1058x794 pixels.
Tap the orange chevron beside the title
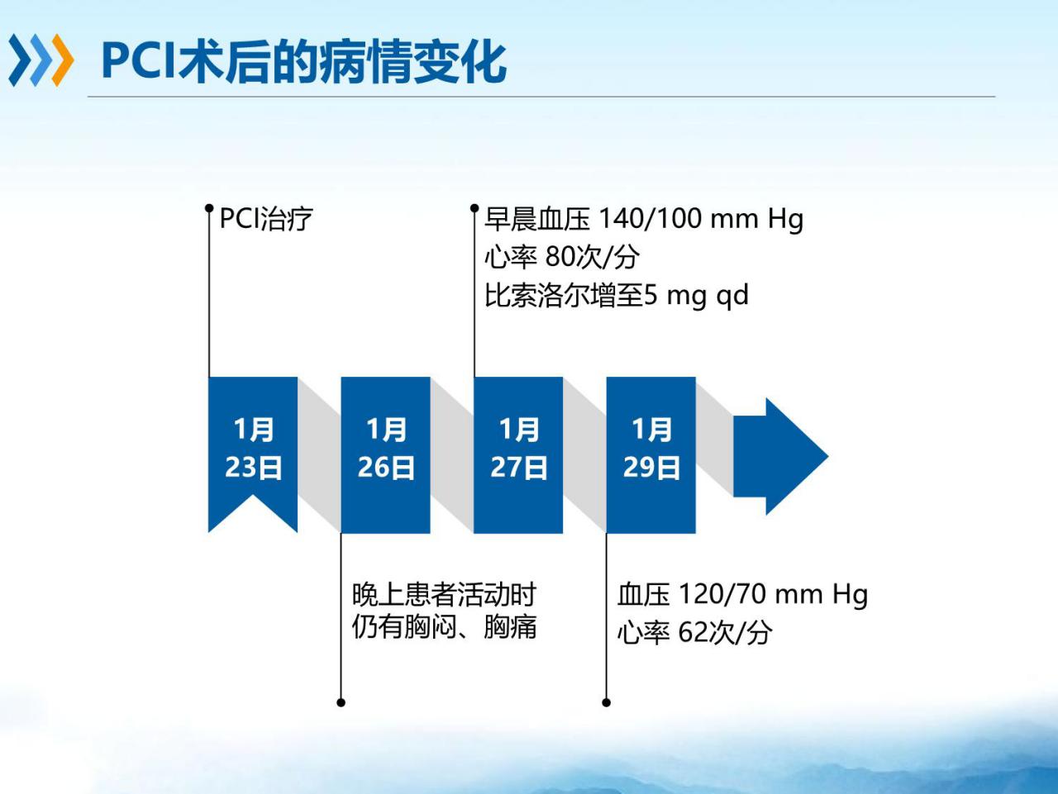click(63, 60)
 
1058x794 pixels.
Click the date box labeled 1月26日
click(386, 454)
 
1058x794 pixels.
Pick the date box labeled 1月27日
click(518, 454)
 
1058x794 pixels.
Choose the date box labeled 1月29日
click(651, 454)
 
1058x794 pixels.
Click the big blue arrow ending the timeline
click(781, 456)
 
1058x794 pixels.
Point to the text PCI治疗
click(266, 219)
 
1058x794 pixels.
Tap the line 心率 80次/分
click(562, 257)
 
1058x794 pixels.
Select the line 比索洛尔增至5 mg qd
click(617, 295)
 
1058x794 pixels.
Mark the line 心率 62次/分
click(694, 632)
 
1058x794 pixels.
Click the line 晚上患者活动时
click(444, 595)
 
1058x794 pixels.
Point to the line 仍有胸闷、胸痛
click(444, 627)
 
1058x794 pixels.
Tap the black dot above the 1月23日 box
click(209, 208)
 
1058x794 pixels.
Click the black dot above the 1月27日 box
click(474, 208)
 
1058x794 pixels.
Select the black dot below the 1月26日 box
click(341, 702)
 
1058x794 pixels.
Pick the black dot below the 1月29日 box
click(607, 702)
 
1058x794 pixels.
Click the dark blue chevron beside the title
click(20, 60)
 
